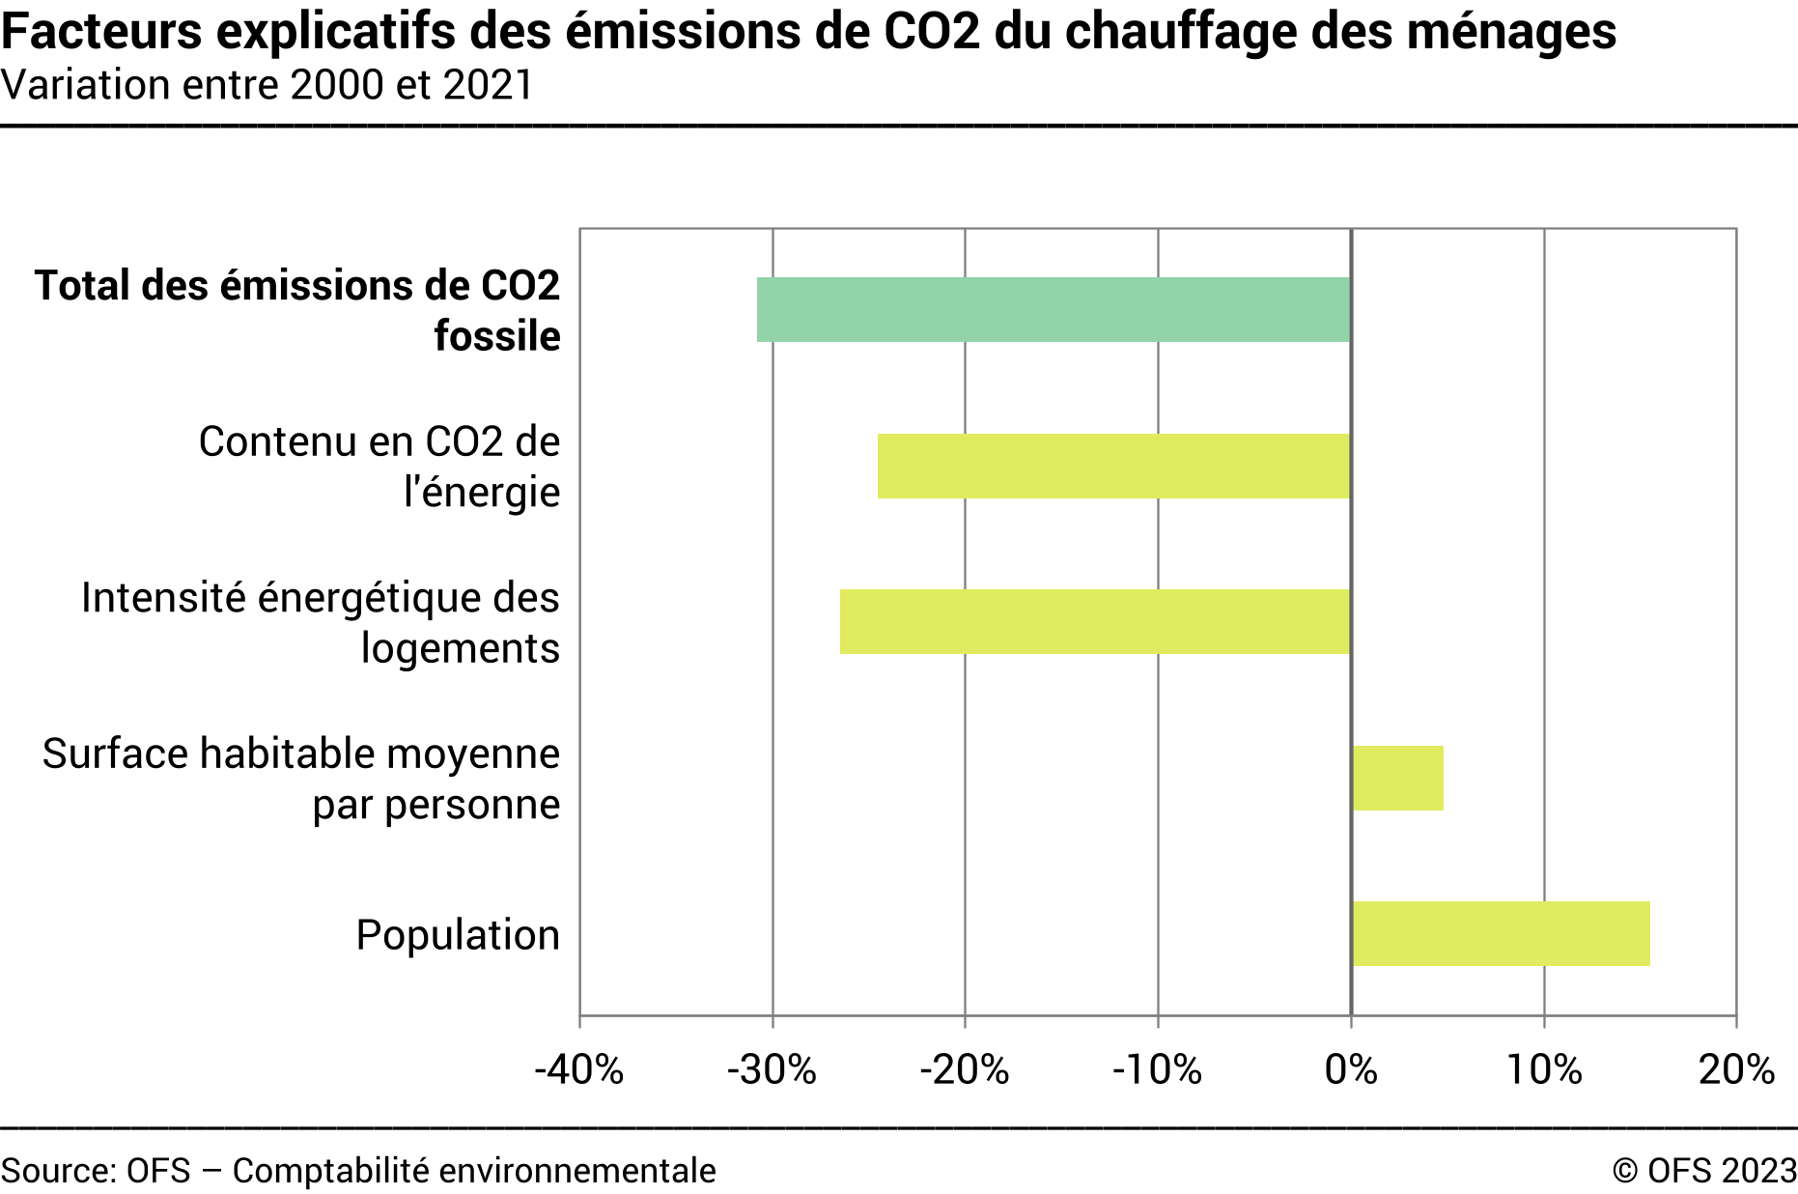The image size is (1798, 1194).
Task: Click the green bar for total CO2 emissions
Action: click(1053, 309)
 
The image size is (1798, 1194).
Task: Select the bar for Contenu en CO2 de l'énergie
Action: click(1113, 466)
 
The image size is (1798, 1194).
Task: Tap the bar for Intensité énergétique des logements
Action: click(1094, 621)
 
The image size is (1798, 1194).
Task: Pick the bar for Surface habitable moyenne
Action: click(1397, 778)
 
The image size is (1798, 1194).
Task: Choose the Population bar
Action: click(1501, 933)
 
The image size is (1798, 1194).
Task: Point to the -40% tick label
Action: click(579, 1069)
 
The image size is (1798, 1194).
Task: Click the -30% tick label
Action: click(772, 1069)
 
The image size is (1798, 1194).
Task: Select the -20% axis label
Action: click(964, 1069)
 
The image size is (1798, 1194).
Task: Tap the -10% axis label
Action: click(1157, 1069)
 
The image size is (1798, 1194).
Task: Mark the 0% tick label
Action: click(1351, 1069)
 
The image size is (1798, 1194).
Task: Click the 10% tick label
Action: click(1544, 1069)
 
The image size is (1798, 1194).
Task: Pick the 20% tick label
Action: click(1736, 1069)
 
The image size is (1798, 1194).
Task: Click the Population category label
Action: click(458, 935)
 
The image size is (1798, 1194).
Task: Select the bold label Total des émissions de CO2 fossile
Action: click(297, 310)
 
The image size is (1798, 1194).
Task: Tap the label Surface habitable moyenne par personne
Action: click(301, 779)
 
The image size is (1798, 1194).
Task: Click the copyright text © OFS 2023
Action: click(1703, 1170)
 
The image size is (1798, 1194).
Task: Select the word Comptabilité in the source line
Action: click(330, 1170)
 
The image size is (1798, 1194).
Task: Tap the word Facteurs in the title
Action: click(101, 31)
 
